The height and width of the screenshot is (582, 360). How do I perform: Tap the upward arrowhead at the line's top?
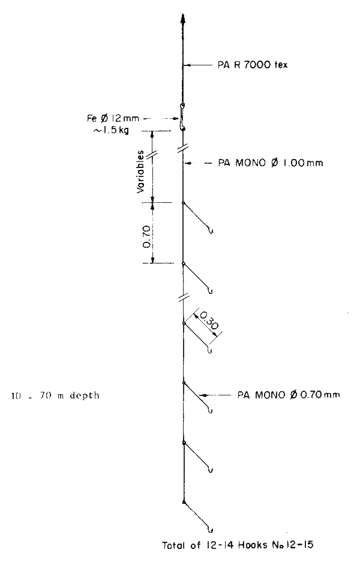[x=182, y=19]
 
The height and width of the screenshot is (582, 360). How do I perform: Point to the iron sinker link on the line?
[x=183, y=117]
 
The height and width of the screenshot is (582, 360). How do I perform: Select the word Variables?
[x=140, y=171]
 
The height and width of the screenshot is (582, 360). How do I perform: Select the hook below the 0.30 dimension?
[x=209, y=350]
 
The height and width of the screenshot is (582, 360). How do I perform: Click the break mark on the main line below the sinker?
[x=183, y=148]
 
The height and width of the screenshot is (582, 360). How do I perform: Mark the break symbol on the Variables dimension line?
[x=153, y=154]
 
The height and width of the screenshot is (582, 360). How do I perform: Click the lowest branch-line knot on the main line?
[x=183, y=502]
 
